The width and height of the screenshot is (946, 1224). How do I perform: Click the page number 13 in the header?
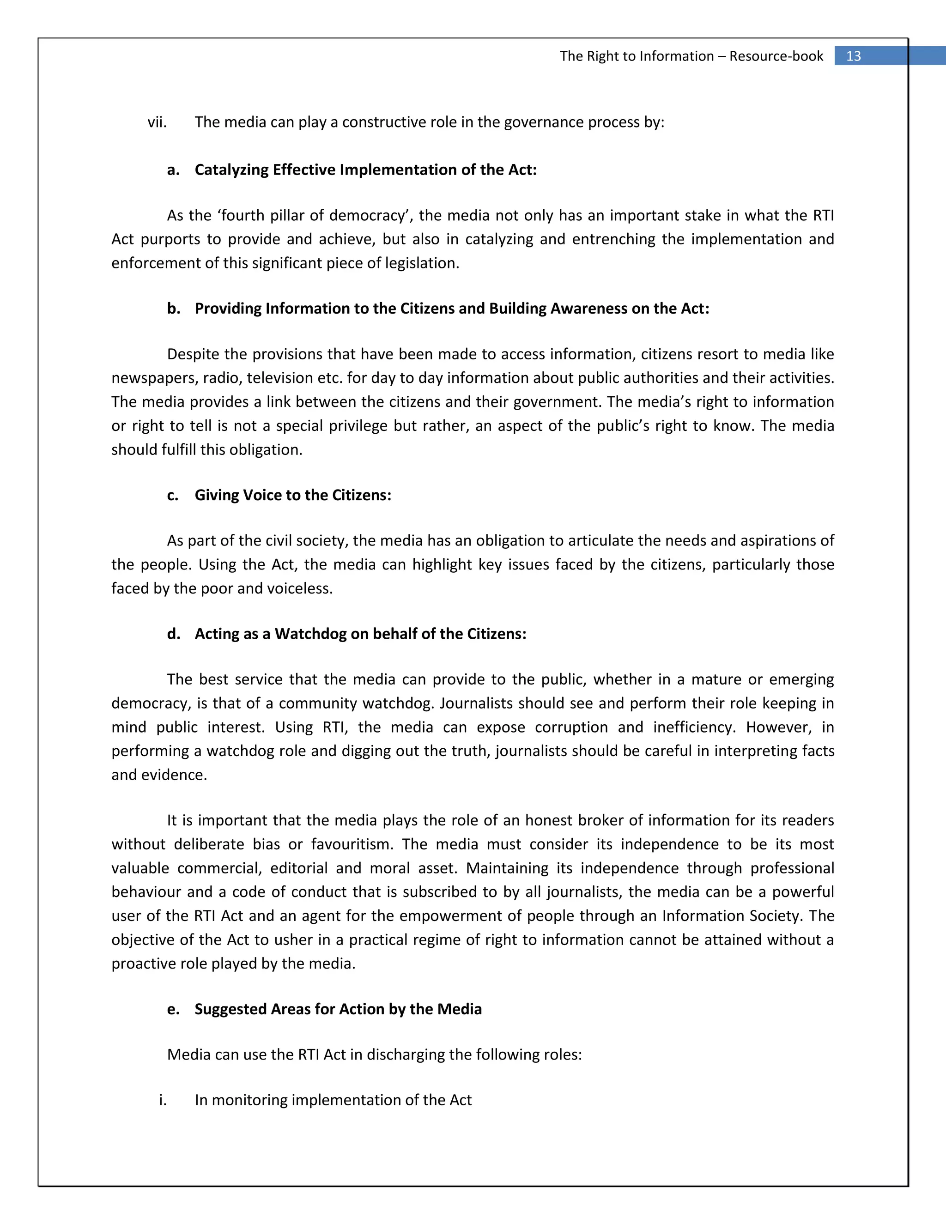(x=853, y=56)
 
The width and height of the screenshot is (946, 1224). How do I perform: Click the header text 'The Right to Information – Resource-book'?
(x=691, y=56)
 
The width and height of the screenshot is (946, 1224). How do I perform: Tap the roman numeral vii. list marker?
(x=157, y=122)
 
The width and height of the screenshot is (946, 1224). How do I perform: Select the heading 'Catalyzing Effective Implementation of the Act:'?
(x=365, y=170)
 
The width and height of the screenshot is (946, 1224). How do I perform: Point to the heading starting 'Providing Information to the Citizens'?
(x=452, y=309)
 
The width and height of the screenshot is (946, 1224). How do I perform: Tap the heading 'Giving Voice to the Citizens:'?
(x=292, y=496)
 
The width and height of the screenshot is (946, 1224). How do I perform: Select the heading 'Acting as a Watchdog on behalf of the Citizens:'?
(x=360, y=634)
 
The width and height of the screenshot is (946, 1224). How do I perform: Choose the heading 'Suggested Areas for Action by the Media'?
(x=338, y=1009)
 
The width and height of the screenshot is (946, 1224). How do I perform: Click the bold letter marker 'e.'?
(x=174, y=1009)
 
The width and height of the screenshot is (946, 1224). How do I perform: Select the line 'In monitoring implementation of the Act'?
(x=333, y=1100)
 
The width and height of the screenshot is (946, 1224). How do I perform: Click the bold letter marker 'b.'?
(x=174, y=309)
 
